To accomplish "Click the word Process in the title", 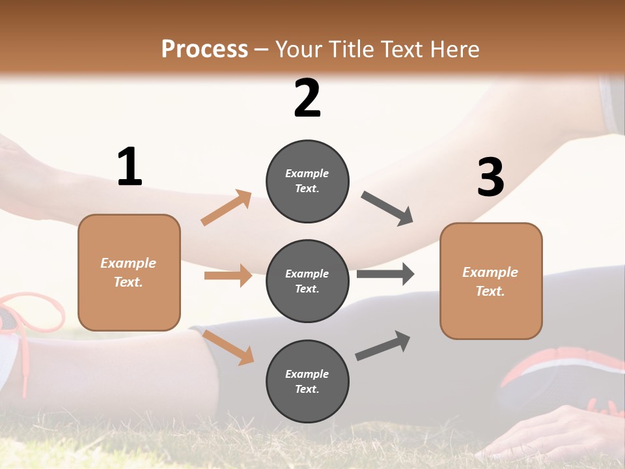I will (x=204, y=49).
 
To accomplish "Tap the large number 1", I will (x=130, y=167).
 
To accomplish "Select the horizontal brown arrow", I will (x=228, y=276).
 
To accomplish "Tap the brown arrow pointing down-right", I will (x=228, y=347).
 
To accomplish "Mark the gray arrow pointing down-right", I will (x=387, y=208).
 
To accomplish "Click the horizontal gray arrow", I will (x=385, y=274).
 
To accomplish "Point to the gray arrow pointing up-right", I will (x=383, y=346).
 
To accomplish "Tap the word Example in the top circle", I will (x=307, y=173).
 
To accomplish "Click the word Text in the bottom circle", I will (x=306, y=389).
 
